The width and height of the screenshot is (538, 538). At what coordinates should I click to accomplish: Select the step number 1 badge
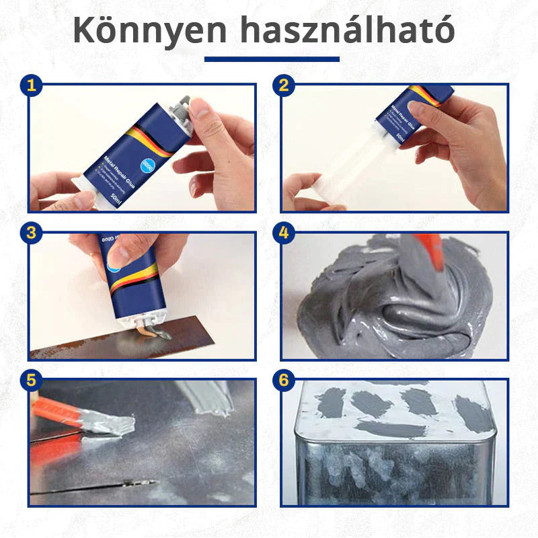pyautogui.click(x=31, y=85)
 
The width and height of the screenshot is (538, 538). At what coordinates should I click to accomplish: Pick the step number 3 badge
pyautogui.click(x=31, y=233)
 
